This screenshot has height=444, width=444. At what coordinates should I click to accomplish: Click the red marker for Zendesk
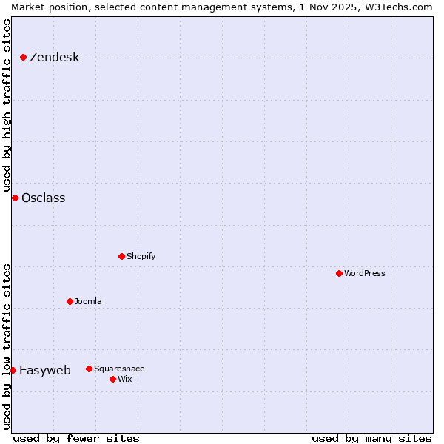click(24, 57)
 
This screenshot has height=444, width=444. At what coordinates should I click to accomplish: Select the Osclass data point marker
click(15, 198)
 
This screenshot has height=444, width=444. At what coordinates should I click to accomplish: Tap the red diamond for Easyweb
click(13, 370)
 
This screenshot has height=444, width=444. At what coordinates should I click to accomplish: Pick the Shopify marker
click(121, 256)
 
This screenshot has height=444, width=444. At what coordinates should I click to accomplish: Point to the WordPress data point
click(339, 273)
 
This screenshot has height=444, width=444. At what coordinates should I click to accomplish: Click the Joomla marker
click(70, 301)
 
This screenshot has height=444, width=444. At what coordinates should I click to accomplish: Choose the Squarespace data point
click(89, 369)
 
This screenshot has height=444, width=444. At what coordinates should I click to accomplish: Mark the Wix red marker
click(112, 379)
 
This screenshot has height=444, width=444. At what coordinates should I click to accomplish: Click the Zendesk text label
click(54, 58)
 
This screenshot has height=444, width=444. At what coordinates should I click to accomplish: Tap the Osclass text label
click(43, 198)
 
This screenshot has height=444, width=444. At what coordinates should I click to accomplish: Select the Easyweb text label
click(45, 371)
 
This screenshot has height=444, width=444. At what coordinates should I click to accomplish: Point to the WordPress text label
click(365, 273)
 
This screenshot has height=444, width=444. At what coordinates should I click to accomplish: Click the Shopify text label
click(141, 256)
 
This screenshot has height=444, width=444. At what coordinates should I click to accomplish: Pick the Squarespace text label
click(119, 369)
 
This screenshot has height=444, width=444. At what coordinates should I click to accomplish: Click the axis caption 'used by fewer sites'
click(76, 438)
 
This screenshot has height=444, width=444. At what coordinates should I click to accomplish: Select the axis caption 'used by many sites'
click(371, 438)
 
